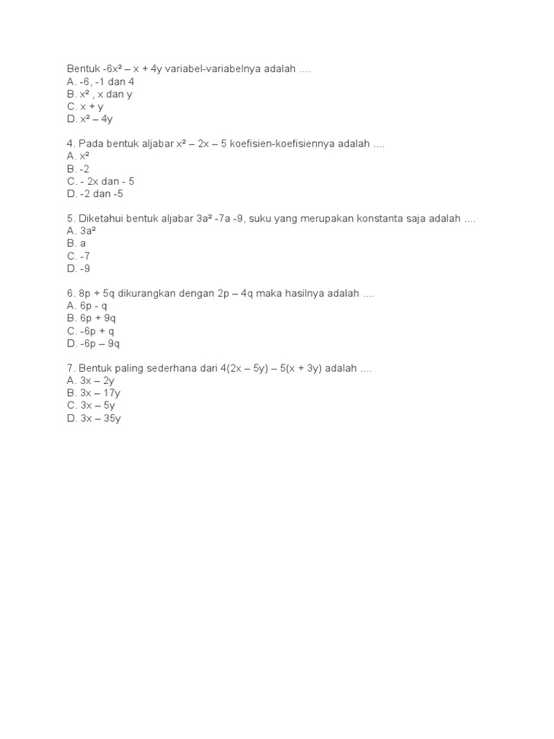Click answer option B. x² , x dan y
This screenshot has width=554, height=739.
[100, 94]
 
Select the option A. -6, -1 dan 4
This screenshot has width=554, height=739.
[101, 82]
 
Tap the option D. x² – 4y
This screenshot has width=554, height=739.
[89, 119]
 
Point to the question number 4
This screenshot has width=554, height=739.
[70, 144]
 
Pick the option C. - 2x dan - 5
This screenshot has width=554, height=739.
[100, 181]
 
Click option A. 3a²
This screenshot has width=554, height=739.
[82, 231]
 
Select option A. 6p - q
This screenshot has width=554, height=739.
[87, 306]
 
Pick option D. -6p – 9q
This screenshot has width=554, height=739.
[93, 344]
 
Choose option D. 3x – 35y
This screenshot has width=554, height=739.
[94, 419]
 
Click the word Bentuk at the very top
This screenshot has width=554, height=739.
[83, 69]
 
